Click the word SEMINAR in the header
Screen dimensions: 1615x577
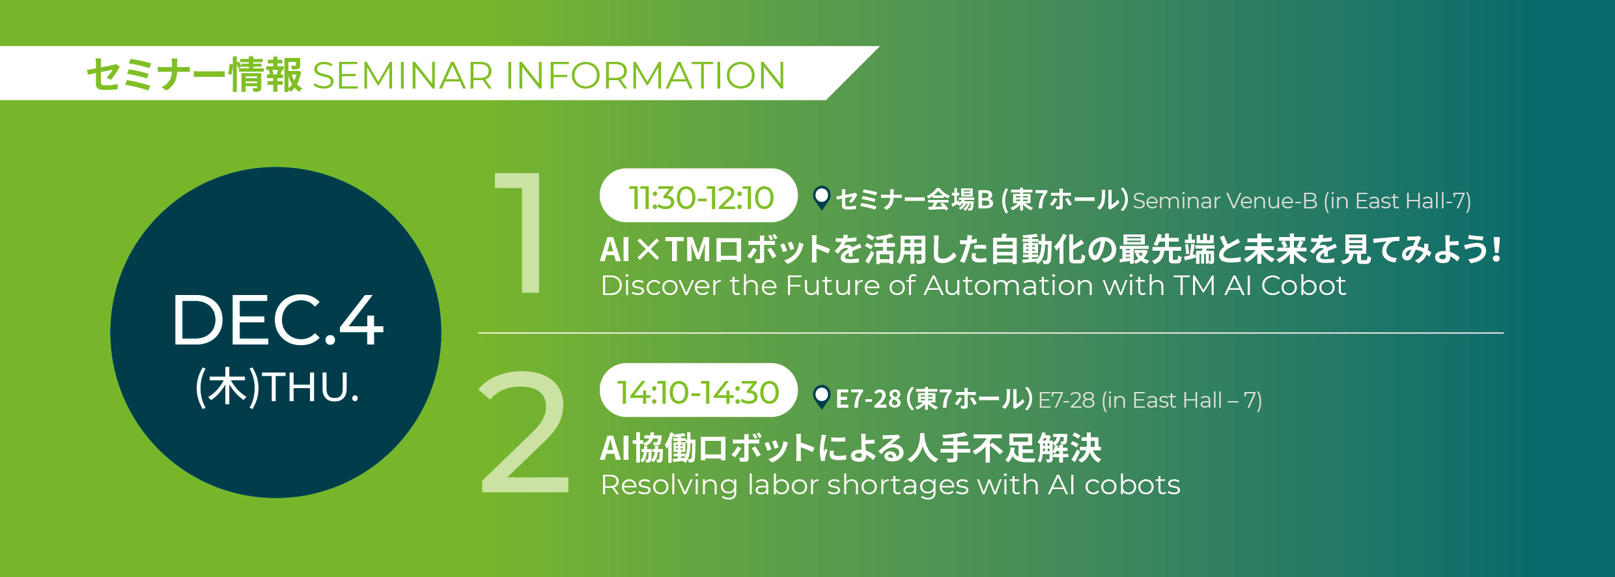point(402,76)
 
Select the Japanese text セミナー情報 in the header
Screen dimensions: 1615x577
point(194,75)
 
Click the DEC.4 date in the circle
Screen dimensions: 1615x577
point(277,320)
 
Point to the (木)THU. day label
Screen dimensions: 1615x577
point(277,387)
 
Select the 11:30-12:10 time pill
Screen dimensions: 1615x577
point(698,195)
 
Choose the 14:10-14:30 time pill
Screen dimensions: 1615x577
point(698,390)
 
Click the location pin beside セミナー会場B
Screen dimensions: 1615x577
point(822,197)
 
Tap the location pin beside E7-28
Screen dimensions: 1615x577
point(822,397)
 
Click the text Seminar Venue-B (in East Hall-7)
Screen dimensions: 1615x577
point(1302,201)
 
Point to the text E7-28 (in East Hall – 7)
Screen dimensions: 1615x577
point(1150,401)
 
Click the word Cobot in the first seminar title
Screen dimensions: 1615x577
point(1304,286)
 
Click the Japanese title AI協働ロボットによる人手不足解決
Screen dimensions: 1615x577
point(850,448)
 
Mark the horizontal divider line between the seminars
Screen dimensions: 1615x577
point(991,333)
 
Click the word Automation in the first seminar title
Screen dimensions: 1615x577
point(1008,286)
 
